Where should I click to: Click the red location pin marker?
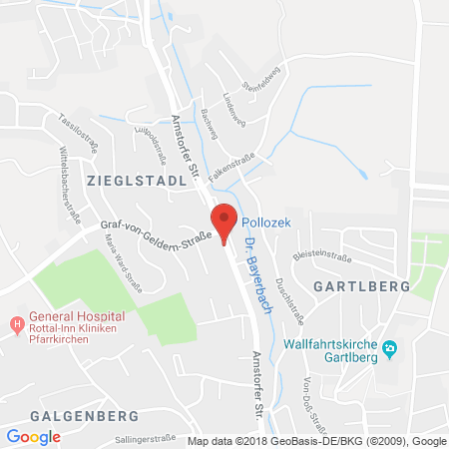coord(224,221)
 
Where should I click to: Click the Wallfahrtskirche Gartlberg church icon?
coord(389,348)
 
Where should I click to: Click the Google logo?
coord(33,436)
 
